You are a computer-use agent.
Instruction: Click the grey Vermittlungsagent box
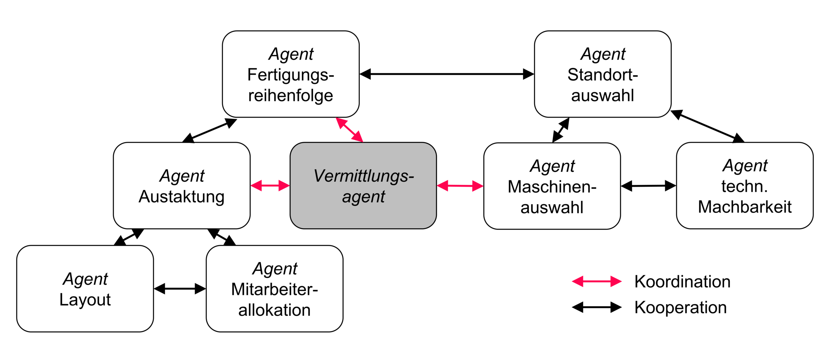click(x=363, y=186)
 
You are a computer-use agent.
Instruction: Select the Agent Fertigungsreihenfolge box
click(x=290, y=74)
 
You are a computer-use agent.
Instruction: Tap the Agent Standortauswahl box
click(x=602, y=74)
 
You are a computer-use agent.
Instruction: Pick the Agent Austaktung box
click(x=182, y=186)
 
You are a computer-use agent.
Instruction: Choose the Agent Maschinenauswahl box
click(x=552, y=186)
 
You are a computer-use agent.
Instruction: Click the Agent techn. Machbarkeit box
click(x=745, y=186)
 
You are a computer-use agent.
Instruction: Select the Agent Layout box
click(x=85, y=289)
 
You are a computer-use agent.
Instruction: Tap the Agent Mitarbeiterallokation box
click(x=274, y=289)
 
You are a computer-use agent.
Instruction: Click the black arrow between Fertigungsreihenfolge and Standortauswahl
click(x=447, y=74)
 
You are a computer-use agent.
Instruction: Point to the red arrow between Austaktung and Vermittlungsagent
click(x=270, y=186)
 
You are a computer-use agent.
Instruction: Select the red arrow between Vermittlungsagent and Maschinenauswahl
click(x=460, y=186)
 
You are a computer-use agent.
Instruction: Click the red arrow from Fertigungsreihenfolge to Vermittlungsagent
click(x=350, y=130)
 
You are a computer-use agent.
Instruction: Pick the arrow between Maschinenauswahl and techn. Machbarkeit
click(x=648, y=186)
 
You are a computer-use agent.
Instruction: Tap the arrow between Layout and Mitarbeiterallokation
click(x=180, y=288)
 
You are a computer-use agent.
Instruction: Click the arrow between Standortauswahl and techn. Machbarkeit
click(x=707, y=126)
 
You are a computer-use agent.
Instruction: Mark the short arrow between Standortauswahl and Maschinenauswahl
click(x=561, y=130)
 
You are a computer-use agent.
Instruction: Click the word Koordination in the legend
click(x=682, y=281)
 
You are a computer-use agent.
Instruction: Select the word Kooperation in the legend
click(x=680, y=307)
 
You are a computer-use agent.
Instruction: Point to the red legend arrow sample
click(x=597, y=281)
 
